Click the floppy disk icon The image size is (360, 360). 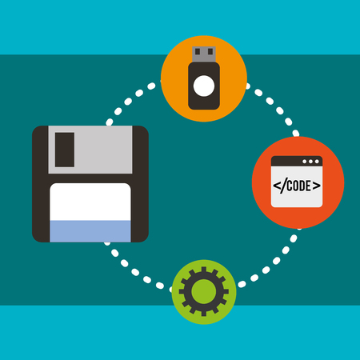pos(90,184)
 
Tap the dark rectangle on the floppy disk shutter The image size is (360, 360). pos(65,150)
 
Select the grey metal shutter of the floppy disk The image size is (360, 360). pos(90,150)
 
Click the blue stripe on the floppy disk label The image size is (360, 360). pos(90,231)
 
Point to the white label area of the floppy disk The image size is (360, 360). pos(90,202)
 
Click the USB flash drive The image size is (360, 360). pos(204,78)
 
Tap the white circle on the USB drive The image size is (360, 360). pos(204,86)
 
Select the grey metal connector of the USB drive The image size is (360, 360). pos(204,54)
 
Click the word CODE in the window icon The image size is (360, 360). pos(298,186)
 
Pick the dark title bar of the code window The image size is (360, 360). pos(297,161)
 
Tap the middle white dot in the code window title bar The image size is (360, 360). pos(310,162)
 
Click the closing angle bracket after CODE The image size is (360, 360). pos(317,186)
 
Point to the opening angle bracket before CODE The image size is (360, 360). pos(277,186)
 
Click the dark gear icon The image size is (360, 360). pos(204,291)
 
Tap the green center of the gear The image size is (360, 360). pos(204,291)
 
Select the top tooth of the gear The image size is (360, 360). pos(204,270)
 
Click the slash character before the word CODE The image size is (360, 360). pos(283,186)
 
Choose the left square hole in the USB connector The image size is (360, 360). pos(198,51)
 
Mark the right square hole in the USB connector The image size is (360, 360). pos(210,51)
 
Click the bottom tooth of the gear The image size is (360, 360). pos(204,314)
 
